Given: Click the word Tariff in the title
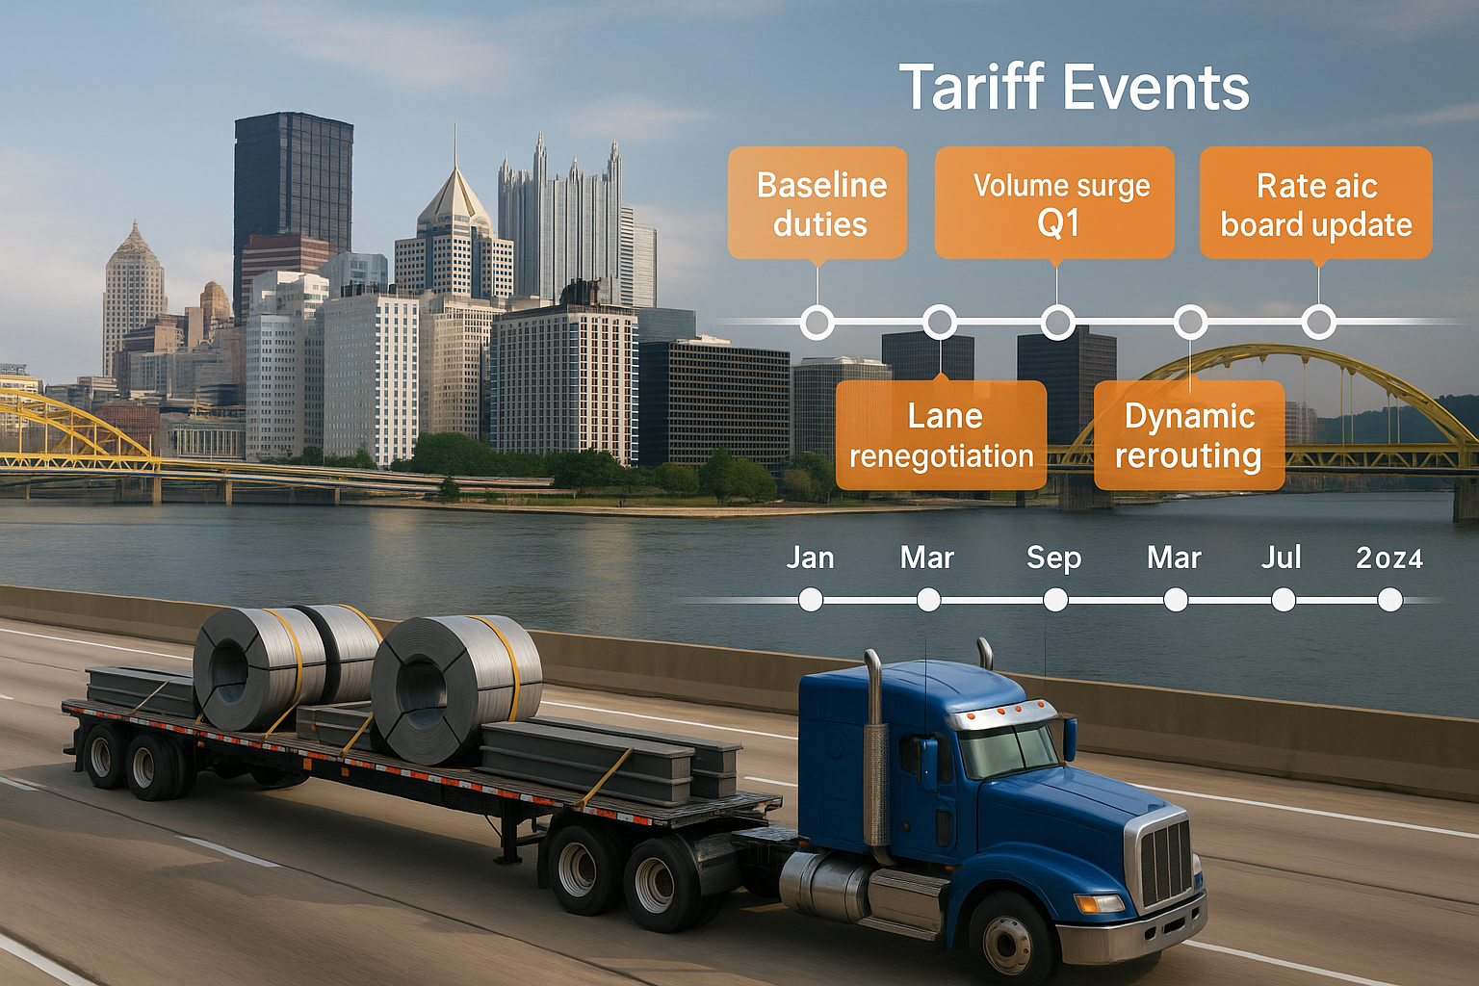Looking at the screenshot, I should point(971,88).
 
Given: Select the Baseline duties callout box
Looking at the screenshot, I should point(817,203).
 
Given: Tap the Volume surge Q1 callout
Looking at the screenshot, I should point(1055,203).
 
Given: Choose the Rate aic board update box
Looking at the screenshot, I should point(1315,203).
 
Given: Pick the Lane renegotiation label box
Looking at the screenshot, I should point(941,435).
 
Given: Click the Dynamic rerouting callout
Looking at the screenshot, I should point(1189,435).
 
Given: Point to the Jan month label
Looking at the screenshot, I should point(810,558).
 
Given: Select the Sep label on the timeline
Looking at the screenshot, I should point(1053,558).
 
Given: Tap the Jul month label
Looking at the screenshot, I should point(1282,558).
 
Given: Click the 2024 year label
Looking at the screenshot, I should point(1388,558).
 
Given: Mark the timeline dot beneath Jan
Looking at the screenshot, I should point(811,600).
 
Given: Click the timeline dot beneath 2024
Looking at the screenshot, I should point(1389,600).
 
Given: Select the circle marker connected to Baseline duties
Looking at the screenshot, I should point(817,322).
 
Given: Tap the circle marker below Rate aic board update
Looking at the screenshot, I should point(1318,322).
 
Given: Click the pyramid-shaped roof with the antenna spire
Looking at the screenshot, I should point(454,197).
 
